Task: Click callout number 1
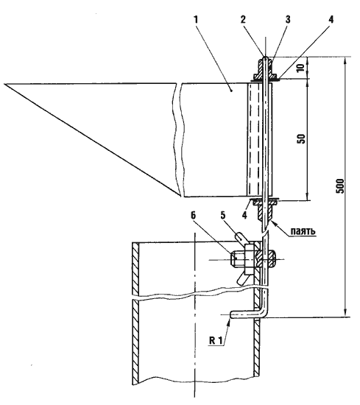point(196,20)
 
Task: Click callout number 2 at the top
point(243,20)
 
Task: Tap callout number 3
point(287,20)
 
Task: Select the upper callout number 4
point(331,20)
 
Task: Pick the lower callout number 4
point(244,214)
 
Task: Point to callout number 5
point(222,215)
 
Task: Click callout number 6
point(194,215)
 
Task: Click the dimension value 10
point(301,68)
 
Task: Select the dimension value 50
point(302,138)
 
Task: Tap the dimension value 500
point(340,186)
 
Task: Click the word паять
point(303,230)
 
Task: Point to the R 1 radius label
point(216,340)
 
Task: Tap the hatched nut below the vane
point(265,211)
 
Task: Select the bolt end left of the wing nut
point(237,259)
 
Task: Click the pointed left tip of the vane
point(4,84)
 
